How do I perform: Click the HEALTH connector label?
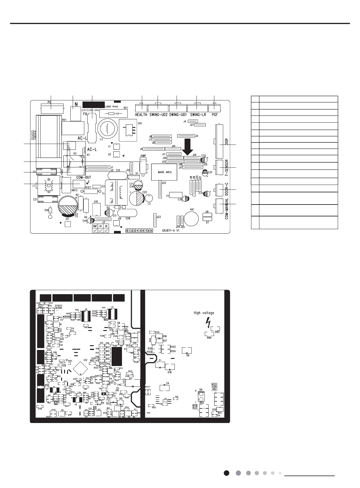[x=141, y=115]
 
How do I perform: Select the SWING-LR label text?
[x=198, y=115]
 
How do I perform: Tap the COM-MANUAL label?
[x=227, y=209]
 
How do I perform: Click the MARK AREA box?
[x=165, y=172]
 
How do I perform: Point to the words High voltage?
[x=204, y=313]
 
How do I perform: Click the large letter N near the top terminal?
[x=76, y=104]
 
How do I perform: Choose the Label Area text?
[x=111, y=107]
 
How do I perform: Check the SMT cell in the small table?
[x=95, y=226]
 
